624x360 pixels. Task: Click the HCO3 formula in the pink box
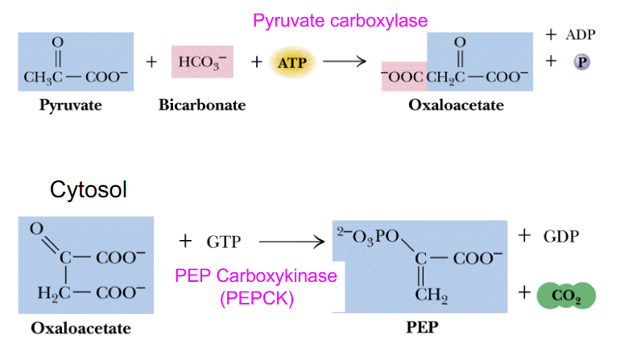(x=200, y=61)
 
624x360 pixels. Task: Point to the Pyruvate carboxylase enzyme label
(x=340, y=21)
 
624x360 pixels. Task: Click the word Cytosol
(x=89, y=190)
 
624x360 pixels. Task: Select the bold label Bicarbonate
(x=202, y=106)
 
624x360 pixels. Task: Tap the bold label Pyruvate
(x=69, y=106)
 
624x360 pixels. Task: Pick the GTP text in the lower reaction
(x=223, y=241)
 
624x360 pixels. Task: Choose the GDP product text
(x=560, y=236)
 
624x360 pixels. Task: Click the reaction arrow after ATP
(x=344, y=61)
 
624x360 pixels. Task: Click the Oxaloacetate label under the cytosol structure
(x=81, y=329)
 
